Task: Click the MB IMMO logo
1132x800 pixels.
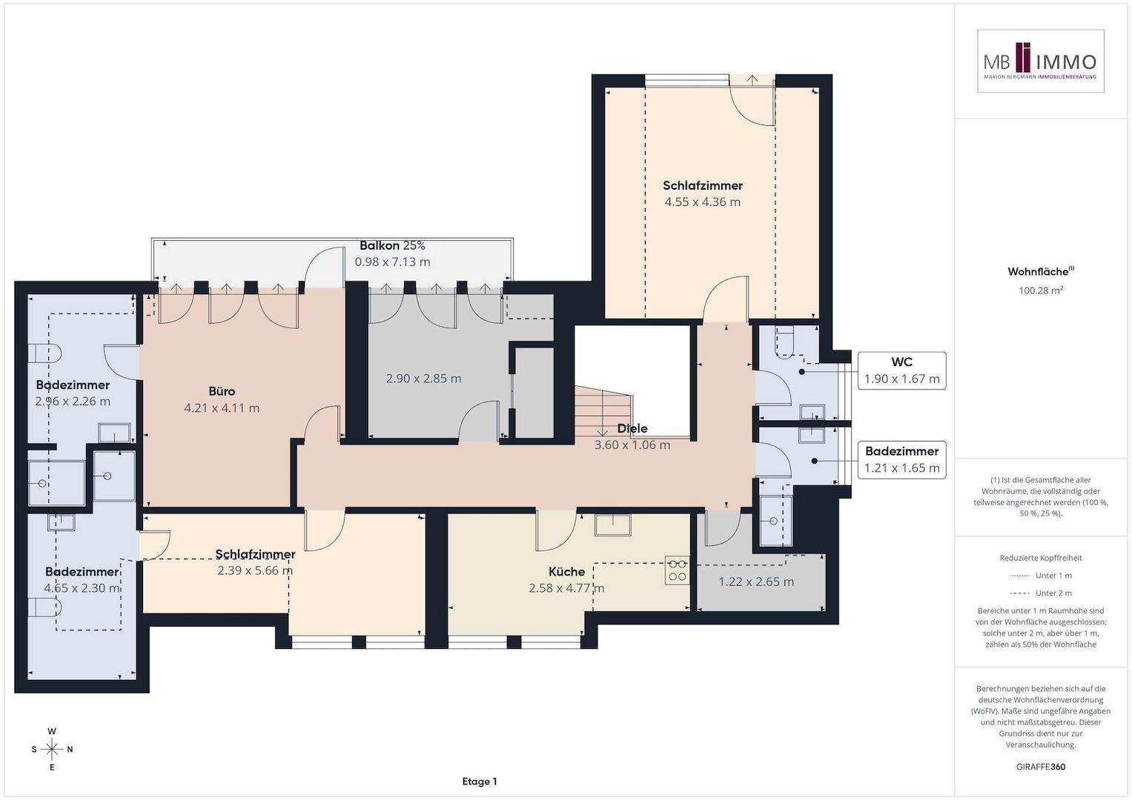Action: [1040, 61]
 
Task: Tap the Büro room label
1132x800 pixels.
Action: [222, 391]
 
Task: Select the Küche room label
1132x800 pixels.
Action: [566, 572]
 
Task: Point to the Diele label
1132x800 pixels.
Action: [632, 428]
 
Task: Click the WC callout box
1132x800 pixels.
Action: [901, 370]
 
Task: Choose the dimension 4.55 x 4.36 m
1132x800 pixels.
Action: [703, 202]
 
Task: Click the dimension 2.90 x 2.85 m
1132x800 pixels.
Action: [423, 379]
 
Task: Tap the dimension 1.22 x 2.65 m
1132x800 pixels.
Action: [756, 581]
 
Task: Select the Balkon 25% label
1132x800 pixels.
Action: [392, 245]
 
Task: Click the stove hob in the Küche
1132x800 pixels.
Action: [677, 570]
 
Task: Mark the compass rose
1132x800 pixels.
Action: [52, 749]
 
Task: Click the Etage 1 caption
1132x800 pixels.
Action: [480, 781]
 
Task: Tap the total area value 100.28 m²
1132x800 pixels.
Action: [1041, 290]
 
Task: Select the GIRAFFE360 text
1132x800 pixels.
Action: [1041, 767]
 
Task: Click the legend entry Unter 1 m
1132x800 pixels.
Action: [1041, 576]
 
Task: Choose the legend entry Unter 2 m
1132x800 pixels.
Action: [1041, 593]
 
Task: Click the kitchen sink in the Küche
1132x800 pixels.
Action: [612, 524]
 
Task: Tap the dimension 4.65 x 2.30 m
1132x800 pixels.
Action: [82, 588]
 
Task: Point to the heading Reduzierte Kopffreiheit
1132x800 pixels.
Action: [1041, 558]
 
